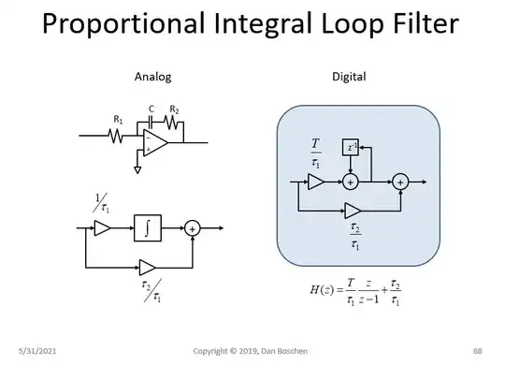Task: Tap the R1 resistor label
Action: pyautogui.click(x=119, y=120)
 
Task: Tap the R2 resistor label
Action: pyautogui.click(x=174, y=109)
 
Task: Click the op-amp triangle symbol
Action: pyautogui.click(x=155, y=142)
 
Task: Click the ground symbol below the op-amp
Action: pyautogui.click(x=137, y=170)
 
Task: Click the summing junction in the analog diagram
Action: pyautogui.click(x=193, y=227)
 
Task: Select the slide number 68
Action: pyautogui.click(x=477, y=350)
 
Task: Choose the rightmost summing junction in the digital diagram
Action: pyautogui.click(x=400, y=182)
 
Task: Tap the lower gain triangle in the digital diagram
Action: pyautogui.click(x=353, y=210)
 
